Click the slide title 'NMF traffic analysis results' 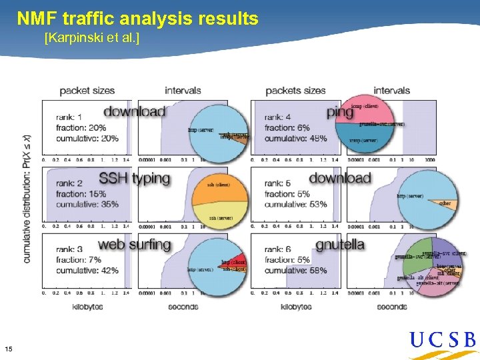tap(137, 19)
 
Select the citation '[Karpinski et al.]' tap(91, 38)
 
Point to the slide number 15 tap(9, 349)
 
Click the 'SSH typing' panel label tap(134, 179)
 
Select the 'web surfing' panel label tap(135, 245)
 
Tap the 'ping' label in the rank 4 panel tap(340, 112)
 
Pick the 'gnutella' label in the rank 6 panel tap(340, 245)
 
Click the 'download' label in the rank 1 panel tap(134, 111)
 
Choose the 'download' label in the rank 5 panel tap(340, 178)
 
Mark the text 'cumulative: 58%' tap(295, 271)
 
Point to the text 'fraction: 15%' tap(81, 193)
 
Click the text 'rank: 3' tap(70, 249)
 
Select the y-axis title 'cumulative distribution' tap(27, 198)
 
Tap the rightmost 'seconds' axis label tap(391, 307)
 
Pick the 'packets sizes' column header tap(295, 91)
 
